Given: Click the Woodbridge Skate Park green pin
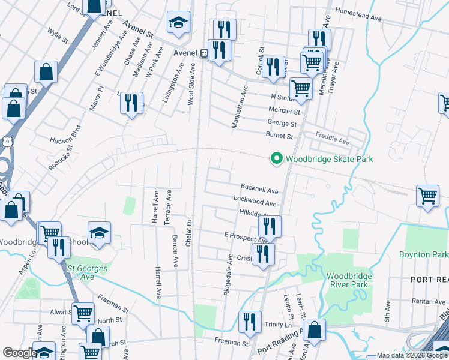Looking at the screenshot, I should click(x=276, y=158).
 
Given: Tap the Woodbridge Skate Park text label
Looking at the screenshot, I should click(x=329, y=159).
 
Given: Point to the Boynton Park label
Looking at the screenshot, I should click(x=423, y=254).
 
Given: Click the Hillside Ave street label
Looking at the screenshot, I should click(x=257, y=214).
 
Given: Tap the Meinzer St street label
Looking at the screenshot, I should click(x=285, y=111).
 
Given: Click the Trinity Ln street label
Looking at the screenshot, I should click(x=277, y=324).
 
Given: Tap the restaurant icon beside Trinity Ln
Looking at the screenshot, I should click(x=250, y=322).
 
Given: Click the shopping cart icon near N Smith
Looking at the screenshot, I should click(x=301, y=88).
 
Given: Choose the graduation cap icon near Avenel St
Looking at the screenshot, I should click(x=178, y=22).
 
